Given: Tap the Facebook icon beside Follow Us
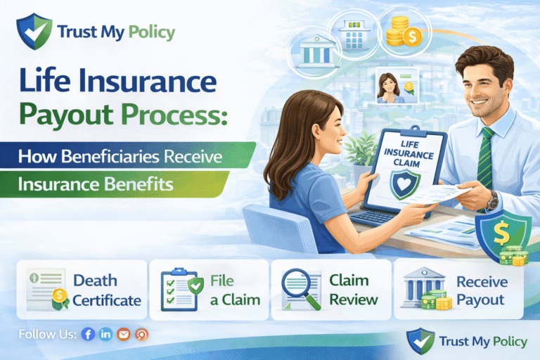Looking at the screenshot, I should point(88,334).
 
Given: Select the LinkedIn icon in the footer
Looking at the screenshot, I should point(106,334).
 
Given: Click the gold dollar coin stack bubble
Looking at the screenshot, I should point(402,32).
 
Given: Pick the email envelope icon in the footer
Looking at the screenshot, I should point(124,334).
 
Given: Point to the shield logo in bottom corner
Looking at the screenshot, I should point(420,341).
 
